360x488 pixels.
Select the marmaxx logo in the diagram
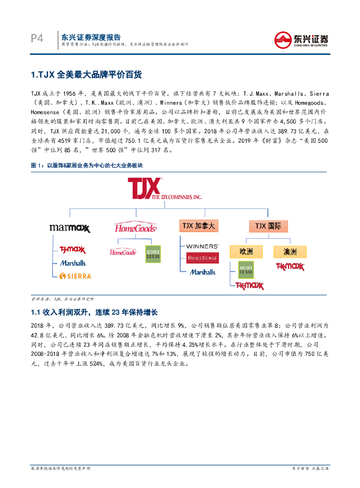click(70, 228)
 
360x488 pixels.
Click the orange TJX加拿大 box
click(198, 225)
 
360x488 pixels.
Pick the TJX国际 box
click(269, 225)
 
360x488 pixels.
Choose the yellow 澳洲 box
click(290, 251)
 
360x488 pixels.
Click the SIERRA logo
click(75, 275)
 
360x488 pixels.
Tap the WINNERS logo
click(203, 246)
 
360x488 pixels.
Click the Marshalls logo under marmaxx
click(73, 263)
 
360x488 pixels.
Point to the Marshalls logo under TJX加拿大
click(203, 272)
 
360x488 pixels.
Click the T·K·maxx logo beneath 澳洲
click(290, 267)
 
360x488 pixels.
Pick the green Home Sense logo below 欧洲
click(246, 270)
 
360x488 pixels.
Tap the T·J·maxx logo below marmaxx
click(72, 250)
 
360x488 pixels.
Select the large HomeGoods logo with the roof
click(135, 226)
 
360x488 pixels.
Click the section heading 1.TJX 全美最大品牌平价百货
click(86, 75)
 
